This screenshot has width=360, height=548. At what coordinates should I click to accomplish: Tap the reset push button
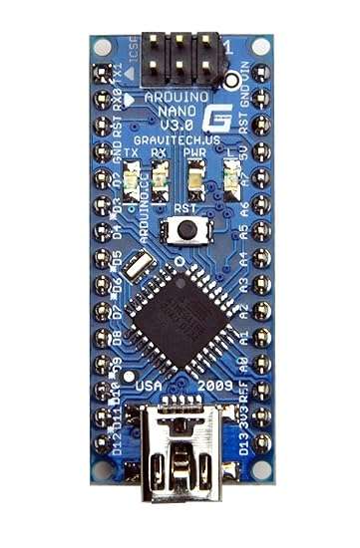click(x=184, y=231)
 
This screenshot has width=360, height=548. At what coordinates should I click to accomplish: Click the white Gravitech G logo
click(x=212, y=117)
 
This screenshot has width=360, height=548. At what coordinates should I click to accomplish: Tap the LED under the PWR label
click(x=195, y=180)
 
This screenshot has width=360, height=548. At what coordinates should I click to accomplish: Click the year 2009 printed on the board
click(x=216, y=385)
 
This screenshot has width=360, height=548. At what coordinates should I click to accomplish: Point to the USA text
click(x=148, y=385)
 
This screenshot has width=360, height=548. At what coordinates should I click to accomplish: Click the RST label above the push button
click(x=183, y=210)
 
